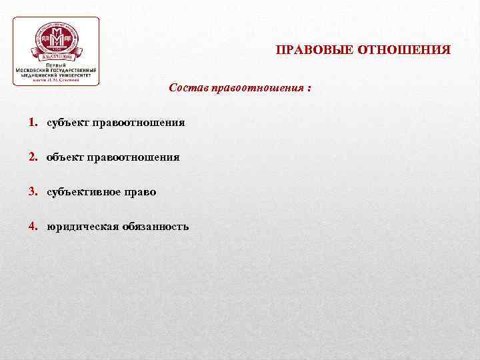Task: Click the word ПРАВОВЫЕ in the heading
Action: pos(315,50)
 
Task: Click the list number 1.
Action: pos(33,123)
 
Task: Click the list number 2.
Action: pos(33,157)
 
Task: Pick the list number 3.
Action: pos(33,192)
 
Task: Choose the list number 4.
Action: pos(33,226)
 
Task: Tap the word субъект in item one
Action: pos(69,123)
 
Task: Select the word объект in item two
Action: pos(65,157)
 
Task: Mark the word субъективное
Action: pos(84,192)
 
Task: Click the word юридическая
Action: pos(82,227)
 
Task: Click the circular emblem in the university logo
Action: pos(57,41)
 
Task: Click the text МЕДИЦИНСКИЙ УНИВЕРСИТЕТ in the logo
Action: pos(57,75)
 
